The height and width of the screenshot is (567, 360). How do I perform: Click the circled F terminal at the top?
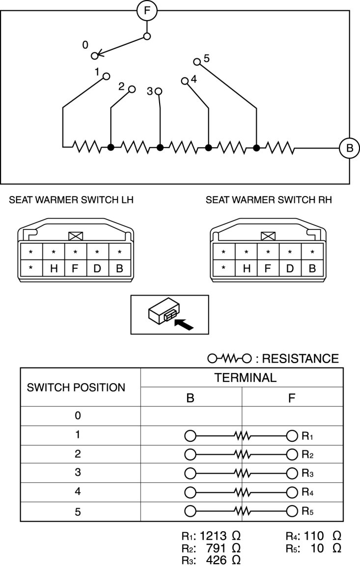pyautogui.click(x=146, y=11)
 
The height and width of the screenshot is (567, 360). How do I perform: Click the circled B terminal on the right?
pyautogui.click(x=349, y=148)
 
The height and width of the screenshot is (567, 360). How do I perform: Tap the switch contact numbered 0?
pyautogui.click(x=94, y=55)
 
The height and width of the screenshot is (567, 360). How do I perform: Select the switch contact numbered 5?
pyautogui.click(x=197, y=62)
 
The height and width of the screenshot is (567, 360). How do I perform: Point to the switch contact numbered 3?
pyautogui.click(x=158, y=91)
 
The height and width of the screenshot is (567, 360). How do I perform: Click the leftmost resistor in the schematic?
pyautogui.click(x=86, y=146)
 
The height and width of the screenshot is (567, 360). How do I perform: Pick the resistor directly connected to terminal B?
pyautogui.click(x=280, y=147)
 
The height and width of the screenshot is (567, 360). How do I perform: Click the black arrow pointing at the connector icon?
pyautogui.click(x=184, y=323)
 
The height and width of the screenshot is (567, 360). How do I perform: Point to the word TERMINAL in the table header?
pyautogui.click(x=242, y=378)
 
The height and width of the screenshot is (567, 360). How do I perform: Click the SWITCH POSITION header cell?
pyautogui.click(x=76, y=387)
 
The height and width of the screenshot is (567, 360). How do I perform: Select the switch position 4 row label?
pyautogui.click(x=78, y=492)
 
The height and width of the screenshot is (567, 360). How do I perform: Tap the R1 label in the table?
pyautogui.click(x=307, y=435)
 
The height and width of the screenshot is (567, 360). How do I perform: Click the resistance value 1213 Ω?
pyautogui.click(x=220, y=536)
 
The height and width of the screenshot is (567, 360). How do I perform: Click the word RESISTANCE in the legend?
pyautogui.click(x=300, y=359)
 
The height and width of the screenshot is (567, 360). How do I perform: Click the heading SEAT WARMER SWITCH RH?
pyautogui.click(x=269, y=200)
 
